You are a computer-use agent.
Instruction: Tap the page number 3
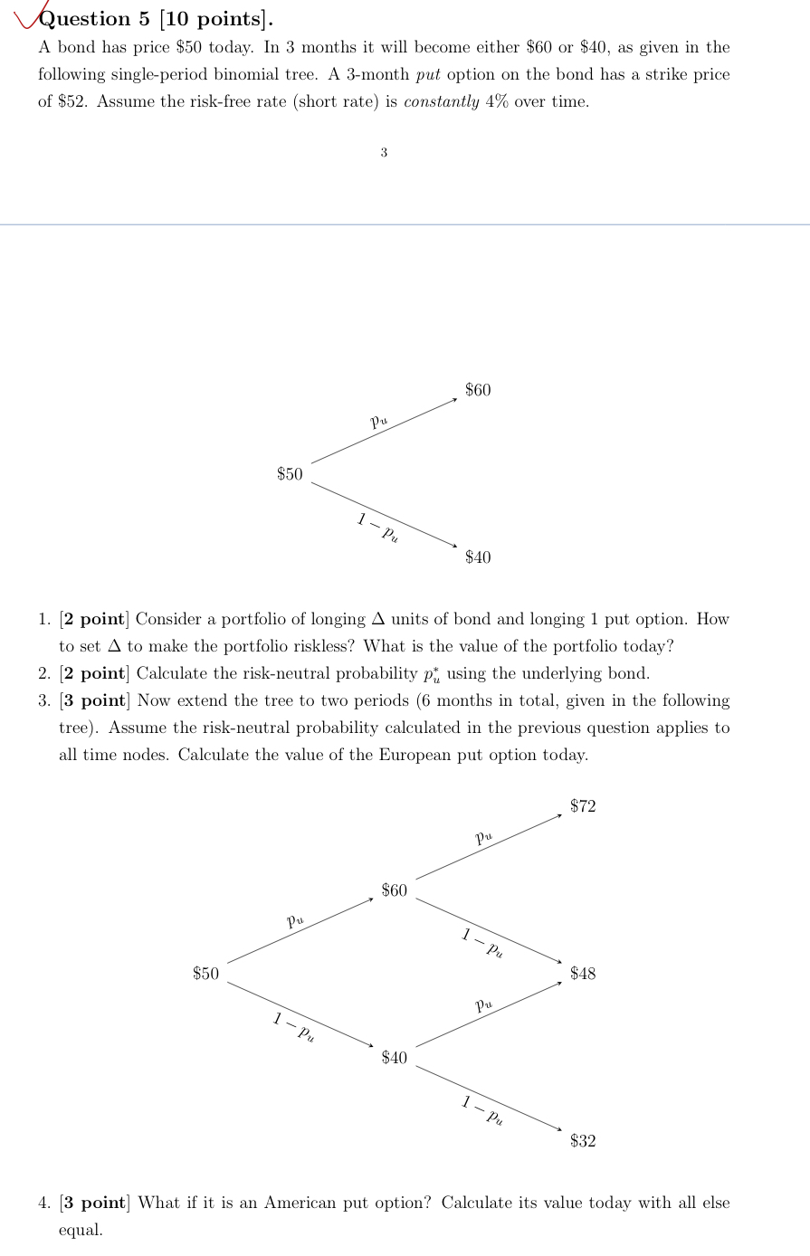coord(384,153)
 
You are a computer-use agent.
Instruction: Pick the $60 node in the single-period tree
coord(478,390)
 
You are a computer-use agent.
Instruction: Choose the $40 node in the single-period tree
coord(478,557)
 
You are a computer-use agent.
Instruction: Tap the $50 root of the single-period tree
coord(290,474)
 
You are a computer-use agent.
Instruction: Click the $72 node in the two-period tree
coord(583,806)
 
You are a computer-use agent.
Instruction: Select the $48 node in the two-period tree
coord(583,974)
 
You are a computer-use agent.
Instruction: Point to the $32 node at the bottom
coord(583,1141)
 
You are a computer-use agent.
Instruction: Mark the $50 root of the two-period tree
coord(205,974)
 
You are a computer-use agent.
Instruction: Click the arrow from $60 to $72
coord(489,847)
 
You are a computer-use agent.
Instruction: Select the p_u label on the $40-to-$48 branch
coord(484,1004)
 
